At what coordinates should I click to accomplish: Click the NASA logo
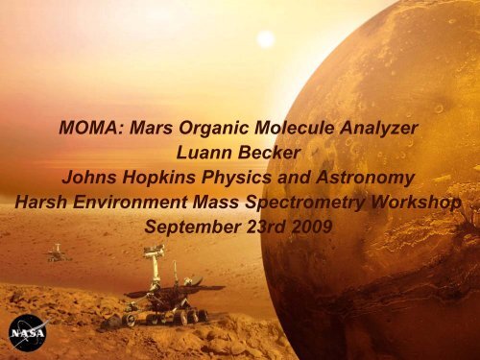(x=26, y=332)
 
